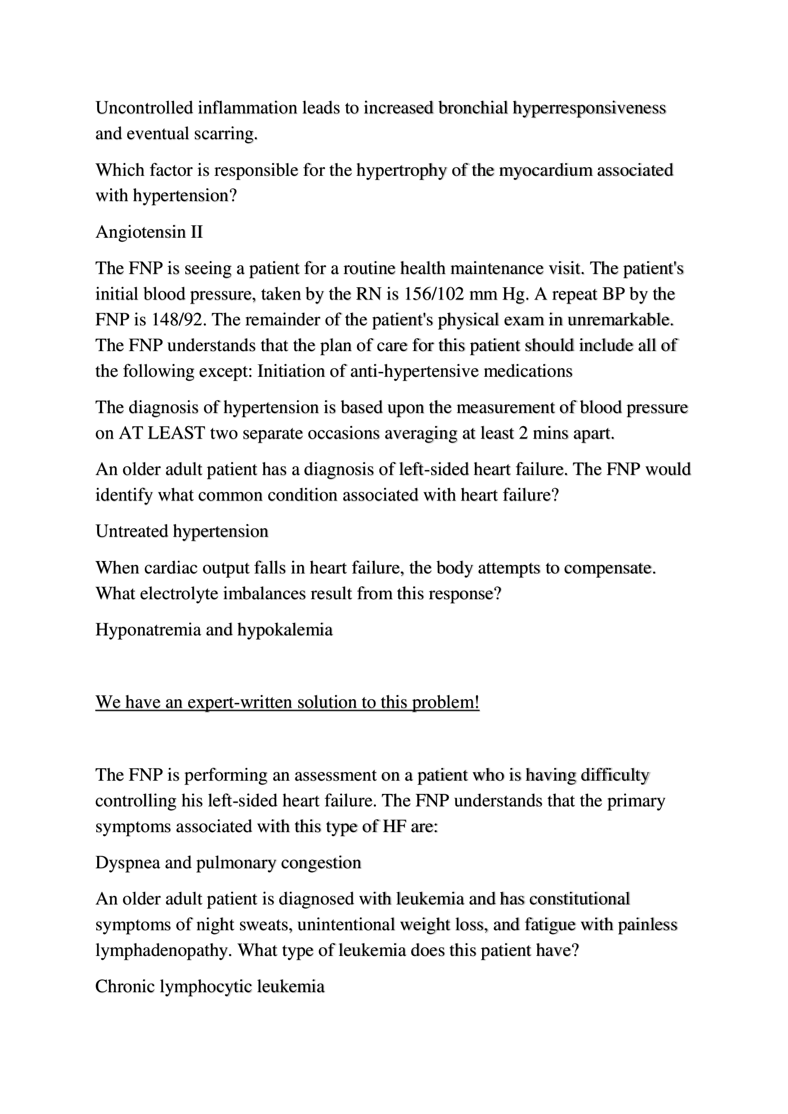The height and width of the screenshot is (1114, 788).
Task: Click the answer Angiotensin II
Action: pyautogui.click(x=149, y=232)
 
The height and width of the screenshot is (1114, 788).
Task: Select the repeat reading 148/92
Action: pyautogui.click(x=177, y=320)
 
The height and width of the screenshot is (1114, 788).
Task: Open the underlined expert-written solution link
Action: pyautogui.click(x=287, y=702)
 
